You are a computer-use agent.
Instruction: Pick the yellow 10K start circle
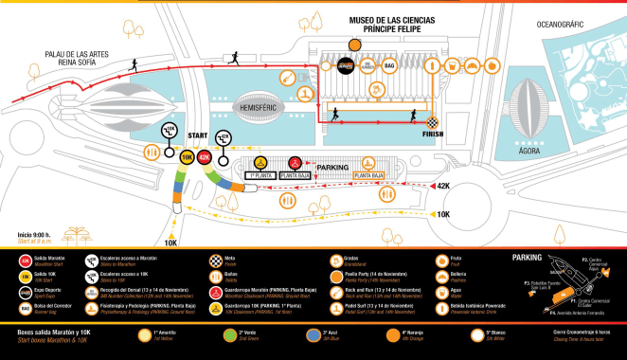188,157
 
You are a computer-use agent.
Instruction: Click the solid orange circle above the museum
356,44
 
